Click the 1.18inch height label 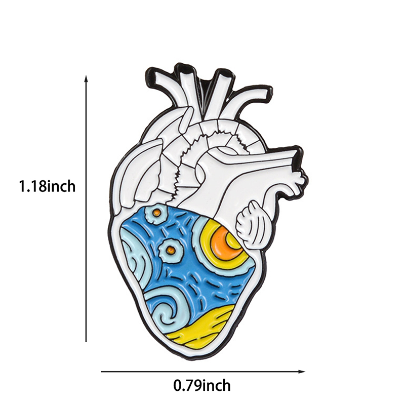point(47,186)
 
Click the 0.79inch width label point(202,386)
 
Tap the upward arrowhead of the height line point(87,78)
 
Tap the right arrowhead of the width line point(302,372)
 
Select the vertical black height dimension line point(87,209)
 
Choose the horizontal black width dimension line point(204,372)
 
